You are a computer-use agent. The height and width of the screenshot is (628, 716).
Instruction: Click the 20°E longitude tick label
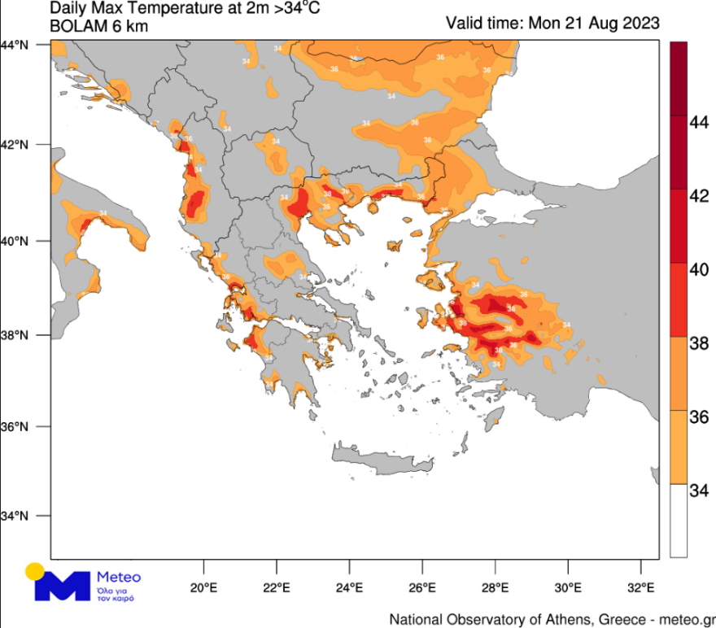point(203,588)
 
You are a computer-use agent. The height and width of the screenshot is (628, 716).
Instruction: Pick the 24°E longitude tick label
point(350,588)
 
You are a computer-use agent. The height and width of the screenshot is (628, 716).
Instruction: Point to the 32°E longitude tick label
point(642,588)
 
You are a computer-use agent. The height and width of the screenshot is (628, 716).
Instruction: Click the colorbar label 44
point(698,122)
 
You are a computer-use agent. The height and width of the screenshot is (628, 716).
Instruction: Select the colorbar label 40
point(698,269)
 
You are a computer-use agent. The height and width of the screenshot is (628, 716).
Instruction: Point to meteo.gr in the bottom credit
point(687,617)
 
